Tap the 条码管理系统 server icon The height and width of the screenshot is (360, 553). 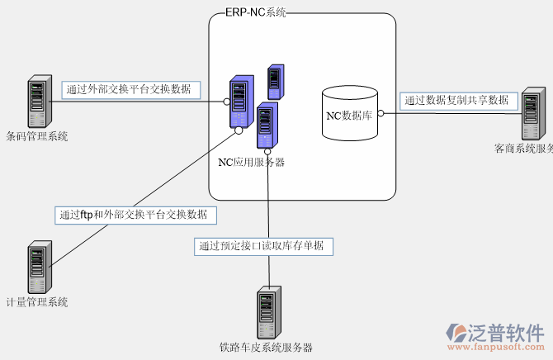(36, 102)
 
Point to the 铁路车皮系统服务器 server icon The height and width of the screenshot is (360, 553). (266, 312)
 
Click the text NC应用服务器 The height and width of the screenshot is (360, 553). (251, 162)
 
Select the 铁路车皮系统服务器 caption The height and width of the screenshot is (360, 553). (266, 348)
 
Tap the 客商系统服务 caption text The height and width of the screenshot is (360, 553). (523, 149)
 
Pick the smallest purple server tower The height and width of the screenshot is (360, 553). (275, 81)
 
